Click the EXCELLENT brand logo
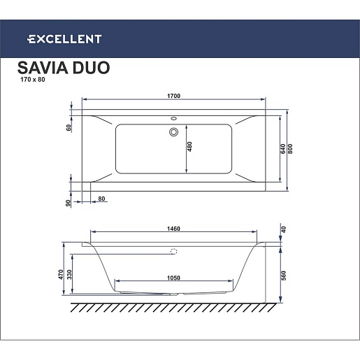64,39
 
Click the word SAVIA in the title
43,68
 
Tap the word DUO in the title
91,68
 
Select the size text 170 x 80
33,80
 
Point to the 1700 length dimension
173,96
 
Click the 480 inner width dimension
189,147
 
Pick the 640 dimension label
282,149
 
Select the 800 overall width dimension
290,149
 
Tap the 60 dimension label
69,128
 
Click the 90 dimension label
68,203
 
